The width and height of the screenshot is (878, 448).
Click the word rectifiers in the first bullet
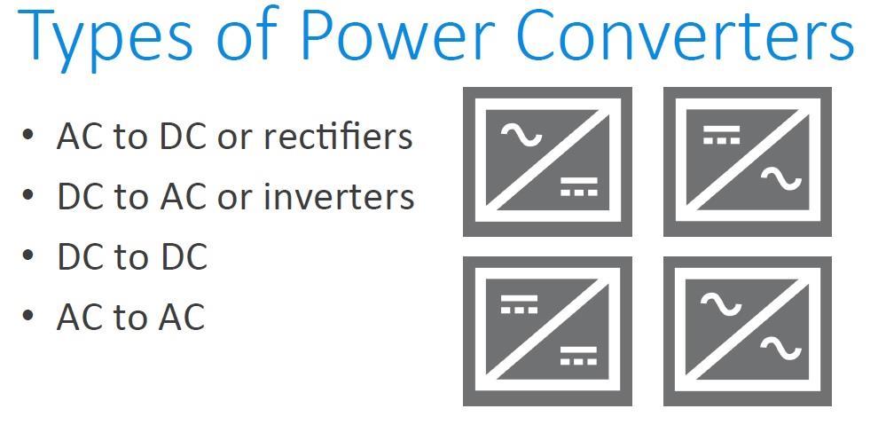tap(338, 135)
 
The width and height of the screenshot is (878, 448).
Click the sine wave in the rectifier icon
tap(521, 135)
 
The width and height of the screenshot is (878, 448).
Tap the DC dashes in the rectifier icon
tap(579, 187)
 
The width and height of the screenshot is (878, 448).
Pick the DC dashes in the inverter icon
tap(722, 135)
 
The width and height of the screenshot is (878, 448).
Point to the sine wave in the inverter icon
tap(780, 180)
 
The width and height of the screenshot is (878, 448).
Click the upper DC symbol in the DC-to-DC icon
tap(519, 304)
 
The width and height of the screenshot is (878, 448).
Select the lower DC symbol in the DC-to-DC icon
tap(579, 356)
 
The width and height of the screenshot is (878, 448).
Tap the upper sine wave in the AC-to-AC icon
tap(721, 304)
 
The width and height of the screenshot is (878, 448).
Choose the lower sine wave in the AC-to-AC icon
tap(780, 349)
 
